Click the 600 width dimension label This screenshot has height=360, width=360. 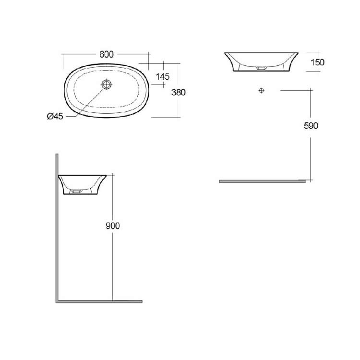[107, 54]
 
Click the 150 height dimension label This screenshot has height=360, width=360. [317, 62]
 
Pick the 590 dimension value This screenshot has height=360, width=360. [311, 126]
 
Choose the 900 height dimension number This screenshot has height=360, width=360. [112, 226]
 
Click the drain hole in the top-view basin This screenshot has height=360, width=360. [106, 84]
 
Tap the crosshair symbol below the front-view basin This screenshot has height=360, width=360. [262, 90]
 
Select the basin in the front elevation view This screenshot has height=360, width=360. [262, 61]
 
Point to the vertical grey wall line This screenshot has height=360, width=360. [57, 226]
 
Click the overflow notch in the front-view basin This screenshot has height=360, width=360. [262, 69]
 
